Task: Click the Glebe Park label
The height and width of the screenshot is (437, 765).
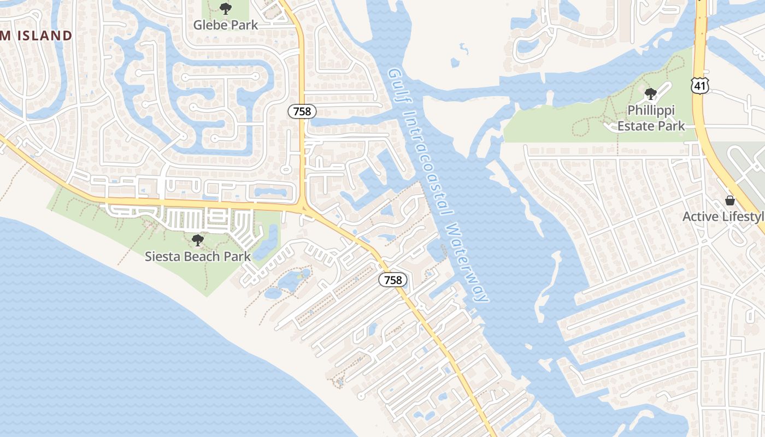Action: point(226,25)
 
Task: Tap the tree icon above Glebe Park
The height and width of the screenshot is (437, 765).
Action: point(225,9)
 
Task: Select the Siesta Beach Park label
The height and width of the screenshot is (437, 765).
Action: point(198,256)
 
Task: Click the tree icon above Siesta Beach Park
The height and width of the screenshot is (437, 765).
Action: point(198,240)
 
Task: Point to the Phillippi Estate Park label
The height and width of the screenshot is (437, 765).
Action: point(651,118)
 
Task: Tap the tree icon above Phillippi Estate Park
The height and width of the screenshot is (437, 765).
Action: point(650,94)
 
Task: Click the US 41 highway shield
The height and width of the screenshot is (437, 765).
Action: point(699,85)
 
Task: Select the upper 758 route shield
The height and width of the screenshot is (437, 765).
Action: point(302,111)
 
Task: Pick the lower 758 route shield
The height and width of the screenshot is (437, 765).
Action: point(392,280)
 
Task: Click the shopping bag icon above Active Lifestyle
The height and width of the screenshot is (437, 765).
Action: point(729,200)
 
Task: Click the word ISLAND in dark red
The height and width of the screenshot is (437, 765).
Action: point(44,36)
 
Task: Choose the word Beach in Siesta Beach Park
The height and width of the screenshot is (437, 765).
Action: point(197,256)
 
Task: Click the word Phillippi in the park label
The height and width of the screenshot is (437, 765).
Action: point(651,110)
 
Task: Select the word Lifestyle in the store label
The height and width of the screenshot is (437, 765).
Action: point(743,217)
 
